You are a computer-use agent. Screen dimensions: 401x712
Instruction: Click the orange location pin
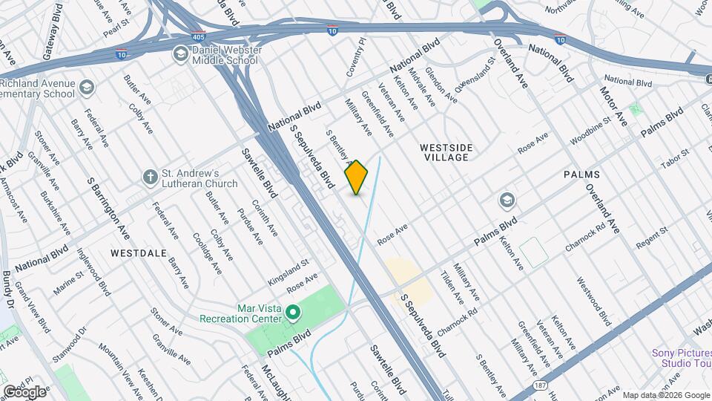pyautogui.click(x=357, y=177)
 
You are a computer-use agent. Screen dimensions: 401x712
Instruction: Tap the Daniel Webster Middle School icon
pyautogui.click(x=179, y=53)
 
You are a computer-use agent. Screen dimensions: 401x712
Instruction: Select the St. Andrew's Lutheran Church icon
pyautogui.click(x=151, y=177)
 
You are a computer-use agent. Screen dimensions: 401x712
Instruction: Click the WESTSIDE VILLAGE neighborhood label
pyautogui.click(x=445, y=152)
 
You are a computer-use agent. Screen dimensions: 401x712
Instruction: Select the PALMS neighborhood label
pyautogui.click(x=581, y=175)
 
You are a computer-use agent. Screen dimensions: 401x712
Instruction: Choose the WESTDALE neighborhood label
pyautogui.click(x=138, y=252)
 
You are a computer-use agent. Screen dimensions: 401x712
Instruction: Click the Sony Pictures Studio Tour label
pyautogui.click(x=681, y=358)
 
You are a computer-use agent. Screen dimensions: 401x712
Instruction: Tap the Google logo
pyautogui.click(x=24, y=391)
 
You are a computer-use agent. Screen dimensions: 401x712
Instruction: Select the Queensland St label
pyautogui.click(x=474, y=74)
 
